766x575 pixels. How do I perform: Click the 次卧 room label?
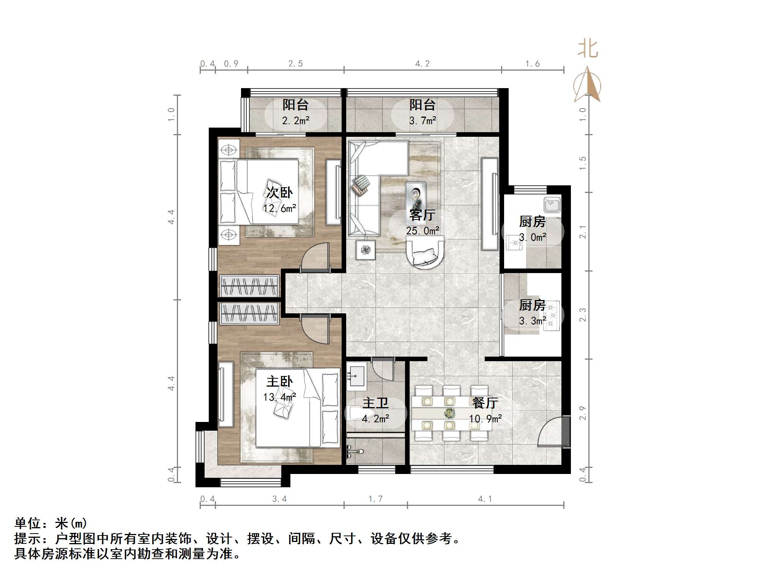pos(279,193)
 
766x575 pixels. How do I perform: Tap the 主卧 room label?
pos(279,381)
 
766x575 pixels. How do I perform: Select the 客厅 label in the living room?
pos(422,215)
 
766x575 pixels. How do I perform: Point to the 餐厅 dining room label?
pos(485,403)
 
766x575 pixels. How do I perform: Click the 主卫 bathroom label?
pos(375,403)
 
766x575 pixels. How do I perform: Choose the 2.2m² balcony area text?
pos(296,121)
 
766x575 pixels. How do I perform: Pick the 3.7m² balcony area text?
pos(422,121)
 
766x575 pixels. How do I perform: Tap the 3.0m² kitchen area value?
pos(533,237)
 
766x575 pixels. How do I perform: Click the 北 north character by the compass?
pos(588,49)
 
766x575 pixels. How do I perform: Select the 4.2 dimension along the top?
pos(422,64)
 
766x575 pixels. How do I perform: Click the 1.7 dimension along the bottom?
pos(375,499)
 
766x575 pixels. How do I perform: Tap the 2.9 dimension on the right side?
pos(583,413)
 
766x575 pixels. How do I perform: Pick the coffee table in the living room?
pos(416,196)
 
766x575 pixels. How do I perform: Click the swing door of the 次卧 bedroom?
pos(315,257)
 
